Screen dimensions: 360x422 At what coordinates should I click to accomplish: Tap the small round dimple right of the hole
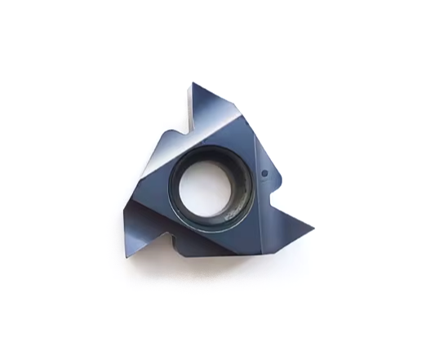pos(266,174)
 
